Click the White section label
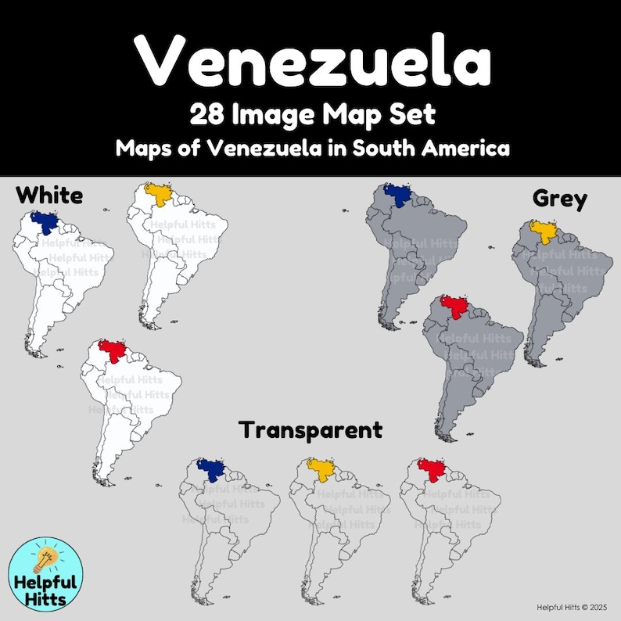point(49,194)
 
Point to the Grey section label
point(559,199)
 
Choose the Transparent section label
point(311,429)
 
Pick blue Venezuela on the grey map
point(397,194)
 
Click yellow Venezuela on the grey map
point(541,231)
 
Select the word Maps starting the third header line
point(141,148)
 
